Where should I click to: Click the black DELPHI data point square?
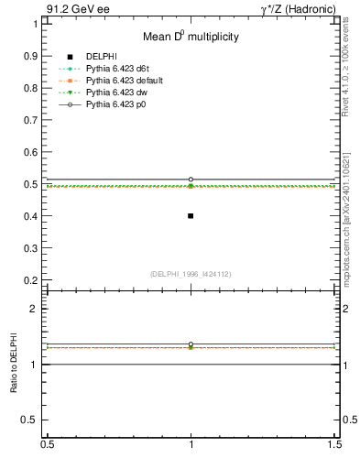pyautogui.click(x=191, y=216)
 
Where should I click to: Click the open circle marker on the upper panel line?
pyautogui.click(x=191, y=180)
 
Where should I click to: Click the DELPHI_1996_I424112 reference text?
pyautogui.click(x=191, y=274)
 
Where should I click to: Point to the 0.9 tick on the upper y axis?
pyautogui.click(x=34, y=55)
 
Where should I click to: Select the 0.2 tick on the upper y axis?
pyautogui.click(x=34, y=280)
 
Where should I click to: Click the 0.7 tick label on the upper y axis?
pyautogui.click(x=34, y=119)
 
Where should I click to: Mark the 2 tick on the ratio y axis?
pyautogui.click(x=37, y=310)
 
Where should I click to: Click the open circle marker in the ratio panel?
pyautogui.click(x=191, y=344)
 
